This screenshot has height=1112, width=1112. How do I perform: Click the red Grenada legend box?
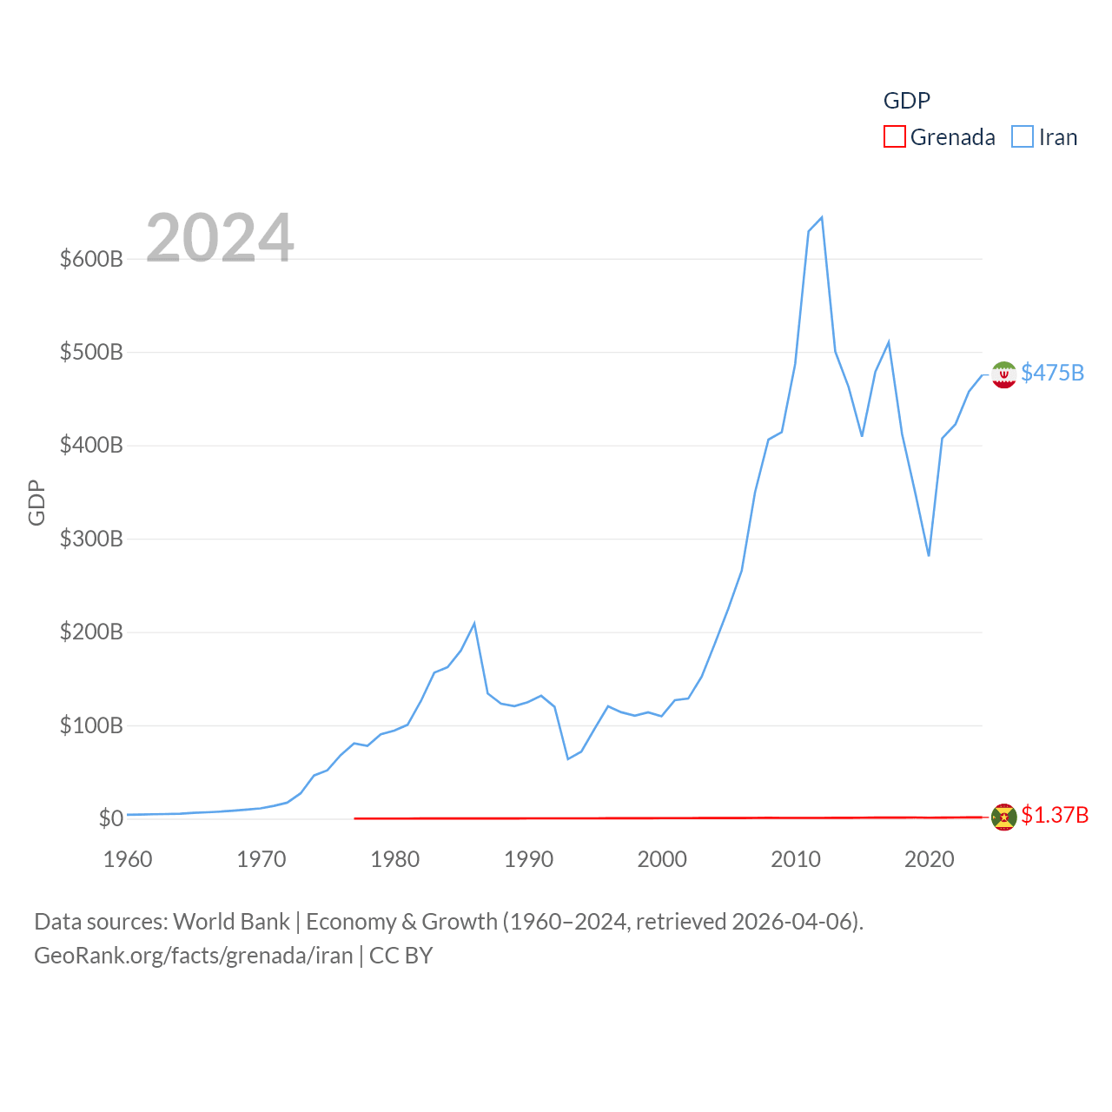click(x=894, y=137)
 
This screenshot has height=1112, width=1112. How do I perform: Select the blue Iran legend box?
click(x=1023, y=137)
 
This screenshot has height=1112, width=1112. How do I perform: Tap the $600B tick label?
click(x=91, y=259)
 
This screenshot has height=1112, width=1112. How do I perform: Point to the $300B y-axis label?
click(x=91, y=539)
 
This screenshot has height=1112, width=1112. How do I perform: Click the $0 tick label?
click(x=110, y=818)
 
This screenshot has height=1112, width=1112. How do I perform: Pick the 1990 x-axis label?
click(x=528, y=860)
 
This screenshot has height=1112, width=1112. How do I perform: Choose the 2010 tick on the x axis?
click(x=796, y=860)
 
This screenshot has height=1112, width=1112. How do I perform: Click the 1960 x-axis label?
click(x=128, y=860)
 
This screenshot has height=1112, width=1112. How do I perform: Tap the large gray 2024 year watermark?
click(x=220, y=238)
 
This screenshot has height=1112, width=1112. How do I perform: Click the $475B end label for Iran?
click(x=1052, y=373)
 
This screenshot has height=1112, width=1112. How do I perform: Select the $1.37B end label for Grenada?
click(x=1055, y=815)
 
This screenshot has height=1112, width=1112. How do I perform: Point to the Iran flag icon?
click(x=1003, y=374)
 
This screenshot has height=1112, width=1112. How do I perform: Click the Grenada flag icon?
click(x=1003, y=817)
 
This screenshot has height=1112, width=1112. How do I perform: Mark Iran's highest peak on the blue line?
click(x=821, y=217)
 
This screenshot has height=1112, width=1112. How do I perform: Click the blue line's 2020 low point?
click(x=929, y=555)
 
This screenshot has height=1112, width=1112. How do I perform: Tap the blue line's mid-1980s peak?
click(x=474, y=623)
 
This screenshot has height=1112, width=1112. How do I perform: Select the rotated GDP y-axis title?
click(x=36, y=502)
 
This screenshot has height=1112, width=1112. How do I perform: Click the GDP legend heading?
click(x=906, y=101)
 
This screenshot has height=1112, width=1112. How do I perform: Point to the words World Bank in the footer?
click(x=231, y=922)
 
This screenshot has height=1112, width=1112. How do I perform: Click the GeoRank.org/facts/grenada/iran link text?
click(x=193, y=956)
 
